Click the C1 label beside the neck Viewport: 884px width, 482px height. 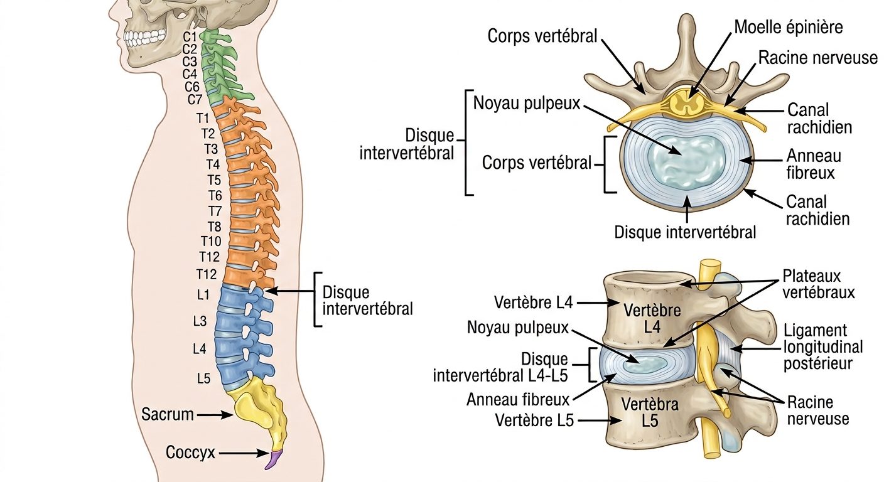tap(190, 36)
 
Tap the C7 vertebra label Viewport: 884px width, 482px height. tap(195, 99)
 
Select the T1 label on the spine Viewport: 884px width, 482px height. tap(202, 118)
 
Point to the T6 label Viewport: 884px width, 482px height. tap(215, 195)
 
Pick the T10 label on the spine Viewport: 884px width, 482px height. tap(211, 241)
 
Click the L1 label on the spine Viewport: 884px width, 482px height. tap(203, 294)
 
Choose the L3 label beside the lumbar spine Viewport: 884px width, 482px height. tap(200, 321)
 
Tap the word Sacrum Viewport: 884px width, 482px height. tap(168, 414)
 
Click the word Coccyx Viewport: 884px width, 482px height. tap(190, 453)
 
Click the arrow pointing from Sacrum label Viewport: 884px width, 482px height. tap(215, 415)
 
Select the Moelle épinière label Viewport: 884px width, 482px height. tap(789, 28)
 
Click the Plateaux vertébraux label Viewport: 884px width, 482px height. tap(818, 284)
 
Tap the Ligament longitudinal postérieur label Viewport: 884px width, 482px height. tap(823, 346)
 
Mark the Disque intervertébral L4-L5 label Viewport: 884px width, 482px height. tap(501, 367)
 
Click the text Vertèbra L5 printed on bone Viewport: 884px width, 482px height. tap(650, 412)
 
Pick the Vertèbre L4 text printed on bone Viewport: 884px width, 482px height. tap(652, 319)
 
